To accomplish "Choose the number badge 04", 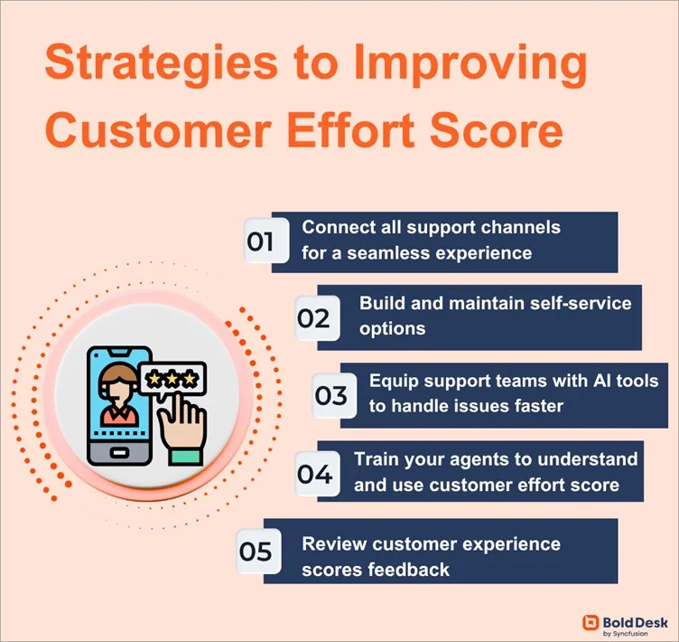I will [x=315, y=473].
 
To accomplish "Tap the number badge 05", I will [x=256, y=551].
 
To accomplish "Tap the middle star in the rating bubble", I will [x=171, y=377].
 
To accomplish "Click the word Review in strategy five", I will [x=333, y=543].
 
